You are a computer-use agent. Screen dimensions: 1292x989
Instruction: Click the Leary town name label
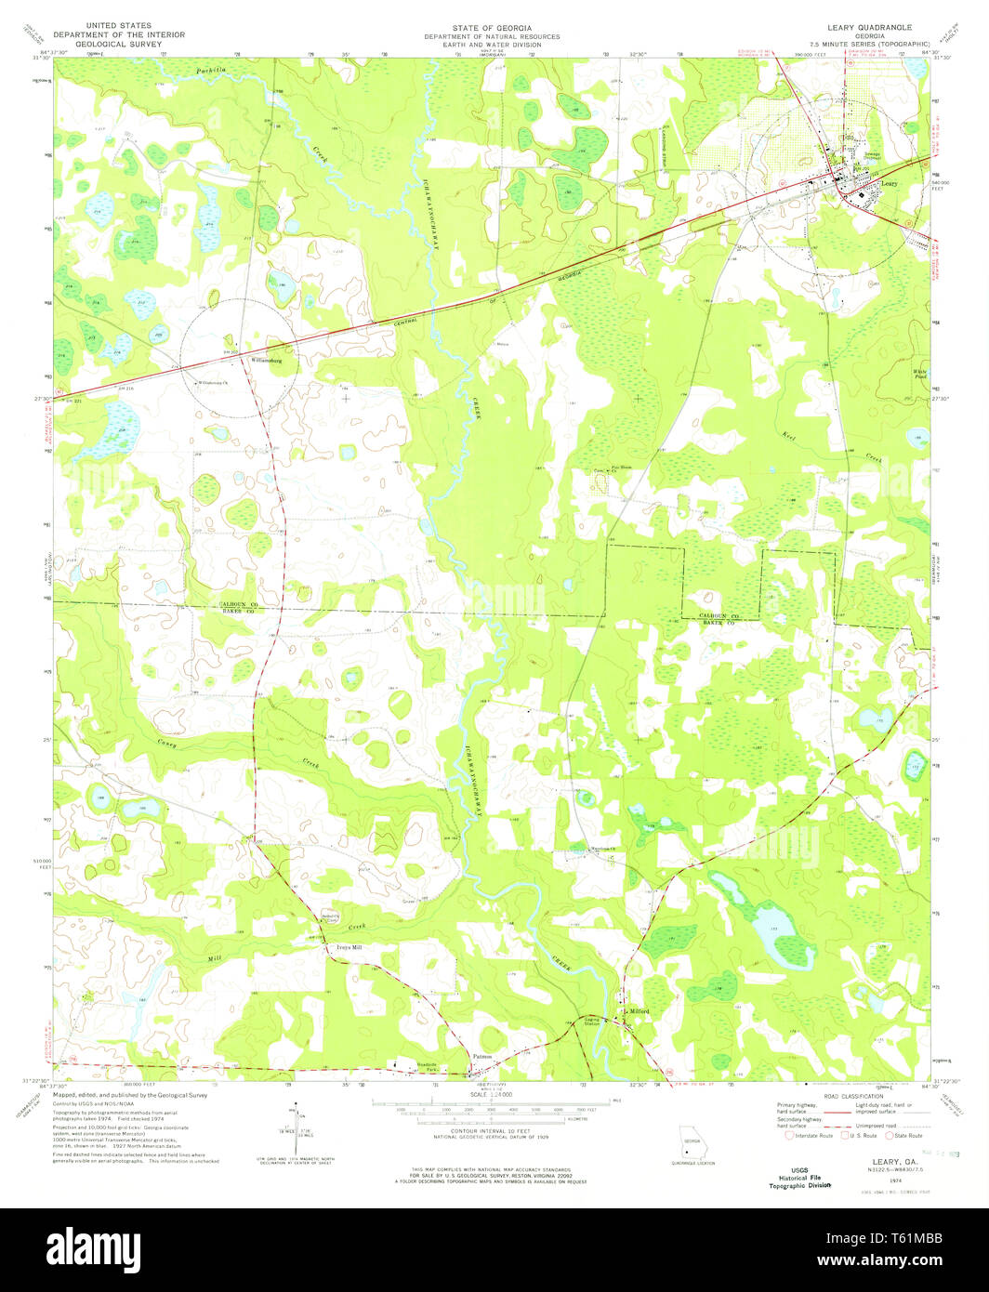click(889, 185)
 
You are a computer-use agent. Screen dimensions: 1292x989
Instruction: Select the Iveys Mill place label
click(348, 948)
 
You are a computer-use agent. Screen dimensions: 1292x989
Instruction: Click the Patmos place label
click(481, 1056)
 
